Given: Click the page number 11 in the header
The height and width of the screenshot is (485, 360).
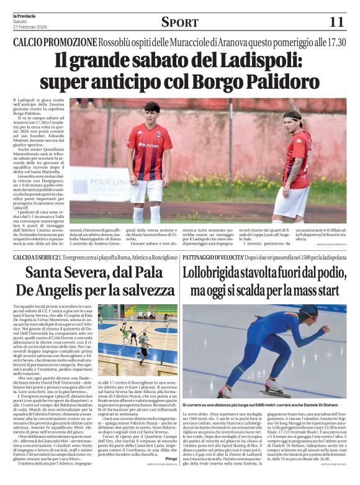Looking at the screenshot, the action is (336, 22).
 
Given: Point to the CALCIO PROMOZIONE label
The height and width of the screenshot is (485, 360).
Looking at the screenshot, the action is (56, 42).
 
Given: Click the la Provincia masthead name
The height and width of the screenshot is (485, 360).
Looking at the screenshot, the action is (24, 15).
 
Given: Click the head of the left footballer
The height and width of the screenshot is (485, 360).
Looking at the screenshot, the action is (151, 114).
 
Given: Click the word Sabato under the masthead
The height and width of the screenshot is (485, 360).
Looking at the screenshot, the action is (20, 21).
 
